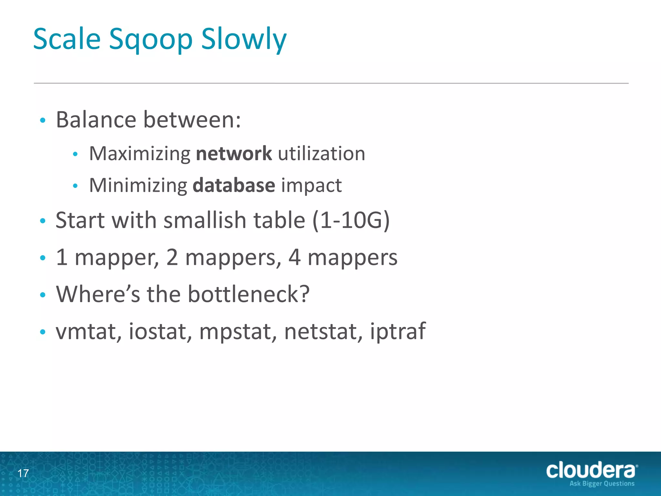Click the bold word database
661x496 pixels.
point(234,185)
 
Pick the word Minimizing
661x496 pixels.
point(138,185)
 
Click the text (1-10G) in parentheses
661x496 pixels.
point(351,220)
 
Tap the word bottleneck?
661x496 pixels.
point(249,294)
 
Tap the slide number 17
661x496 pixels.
point(23,473)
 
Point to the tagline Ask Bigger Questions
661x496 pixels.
point(602,483)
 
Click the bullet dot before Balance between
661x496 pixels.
point(43,120)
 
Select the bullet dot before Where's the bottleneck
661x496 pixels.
point(43,295)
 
